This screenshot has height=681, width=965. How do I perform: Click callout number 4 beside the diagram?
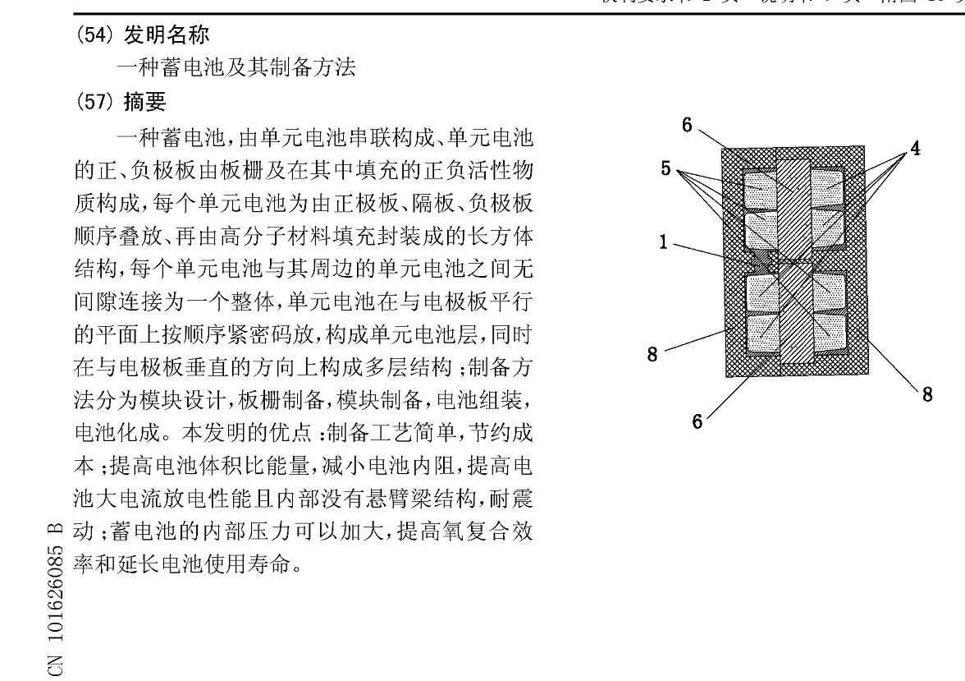[914, 149]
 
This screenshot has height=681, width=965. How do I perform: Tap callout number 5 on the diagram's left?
[667, 168]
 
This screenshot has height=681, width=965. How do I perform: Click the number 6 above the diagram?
[687, 125]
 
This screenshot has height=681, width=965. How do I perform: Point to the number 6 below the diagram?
[697, 421]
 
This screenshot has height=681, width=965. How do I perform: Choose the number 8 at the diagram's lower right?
[926, 395]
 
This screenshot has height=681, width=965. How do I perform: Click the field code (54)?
[95, 35]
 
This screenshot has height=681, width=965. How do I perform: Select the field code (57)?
[95, 102]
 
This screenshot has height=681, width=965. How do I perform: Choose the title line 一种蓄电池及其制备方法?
[236, 69]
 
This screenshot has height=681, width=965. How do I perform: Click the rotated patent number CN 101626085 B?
[58, 600]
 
